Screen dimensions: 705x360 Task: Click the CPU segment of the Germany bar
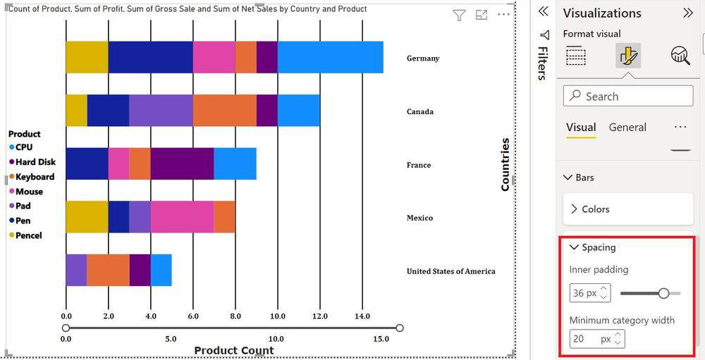(331, 57)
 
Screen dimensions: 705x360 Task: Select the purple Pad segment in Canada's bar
(161, 111)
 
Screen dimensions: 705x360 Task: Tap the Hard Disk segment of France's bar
(182, 163)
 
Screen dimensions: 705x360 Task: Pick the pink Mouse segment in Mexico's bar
(182, 216)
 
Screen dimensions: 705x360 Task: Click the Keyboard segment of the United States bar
(108, 270)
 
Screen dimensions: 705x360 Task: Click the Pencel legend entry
(25, 235)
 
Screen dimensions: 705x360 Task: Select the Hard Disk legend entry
(32, 162)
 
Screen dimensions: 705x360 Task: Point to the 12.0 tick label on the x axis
(319, 316)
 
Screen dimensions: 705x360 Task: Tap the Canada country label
(420, 111)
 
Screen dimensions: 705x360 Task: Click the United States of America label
(451, 271)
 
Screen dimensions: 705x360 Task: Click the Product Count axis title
(234, 351)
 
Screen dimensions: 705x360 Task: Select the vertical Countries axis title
(505, 164)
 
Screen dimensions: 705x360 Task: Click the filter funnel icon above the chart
(459, 15)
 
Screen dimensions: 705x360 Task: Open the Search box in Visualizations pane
(628, 96)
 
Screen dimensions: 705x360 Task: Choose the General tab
(627, 128)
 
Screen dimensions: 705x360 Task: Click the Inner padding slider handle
(663, 294)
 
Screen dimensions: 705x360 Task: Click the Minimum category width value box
(597, 339)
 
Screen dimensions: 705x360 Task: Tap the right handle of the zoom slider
(399, 328)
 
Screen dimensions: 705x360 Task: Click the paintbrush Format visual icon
(627, 56)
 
